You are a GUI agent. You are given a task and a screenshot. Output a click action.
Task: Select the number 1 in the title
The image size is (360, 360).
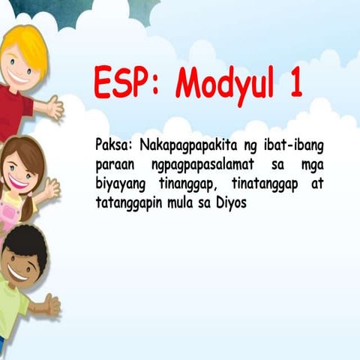[x=294, y=82]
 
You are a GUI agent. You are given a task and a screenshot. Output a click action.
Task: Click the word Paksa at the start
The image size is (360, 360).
[x=113, y=143]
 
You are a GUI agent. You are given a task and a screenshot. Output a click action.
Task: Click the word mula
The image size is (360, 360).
[x=181, y=202]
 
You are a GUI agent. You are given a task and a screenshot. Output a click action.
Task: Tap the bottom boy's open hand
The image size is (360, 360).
[x=51, y=304]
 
